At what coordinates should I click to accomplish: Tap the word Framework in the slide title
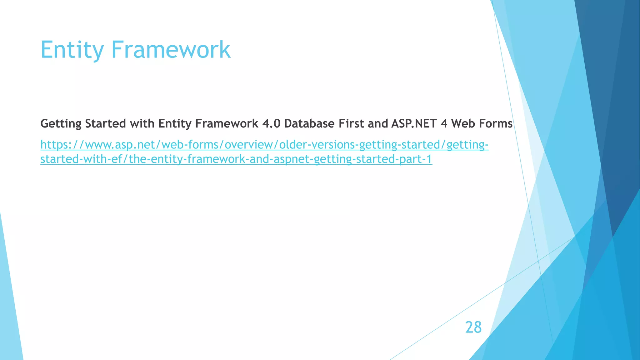pyautogui.click(x=171, y=50)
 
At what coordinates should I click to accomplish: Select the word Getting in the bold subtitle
pyautogui.click(x=61, y=124)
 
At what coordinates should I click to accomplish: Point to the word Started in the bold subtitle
pyautogui.click(x=106, y=124)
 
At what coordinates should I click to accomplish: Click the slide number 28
pyautogui.click(x=473, y=327)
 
